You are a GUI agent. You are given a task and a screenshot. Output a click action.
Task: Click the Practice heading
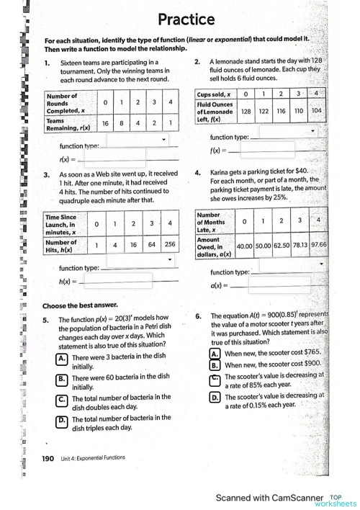[x=186, y=19]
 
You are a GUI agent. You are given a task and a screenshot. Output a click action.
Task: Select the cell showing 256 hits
[x=169, y=244]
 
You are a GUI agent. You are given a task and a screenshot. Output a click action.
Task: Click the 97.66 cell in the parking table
[x=319, y=244]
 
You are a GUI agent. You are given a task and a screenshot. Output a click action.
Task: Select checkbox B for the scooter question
[x=214, y=365]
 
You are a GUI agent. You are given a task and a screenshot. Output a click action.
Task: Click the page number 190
[x=48, y=458]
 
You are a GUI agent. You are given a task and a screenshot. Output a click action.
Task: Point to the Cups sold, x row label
[x=214, y=94]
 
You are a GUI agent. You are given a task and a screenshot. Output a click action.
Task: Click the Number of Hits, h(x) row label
[x=63, y=244]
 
